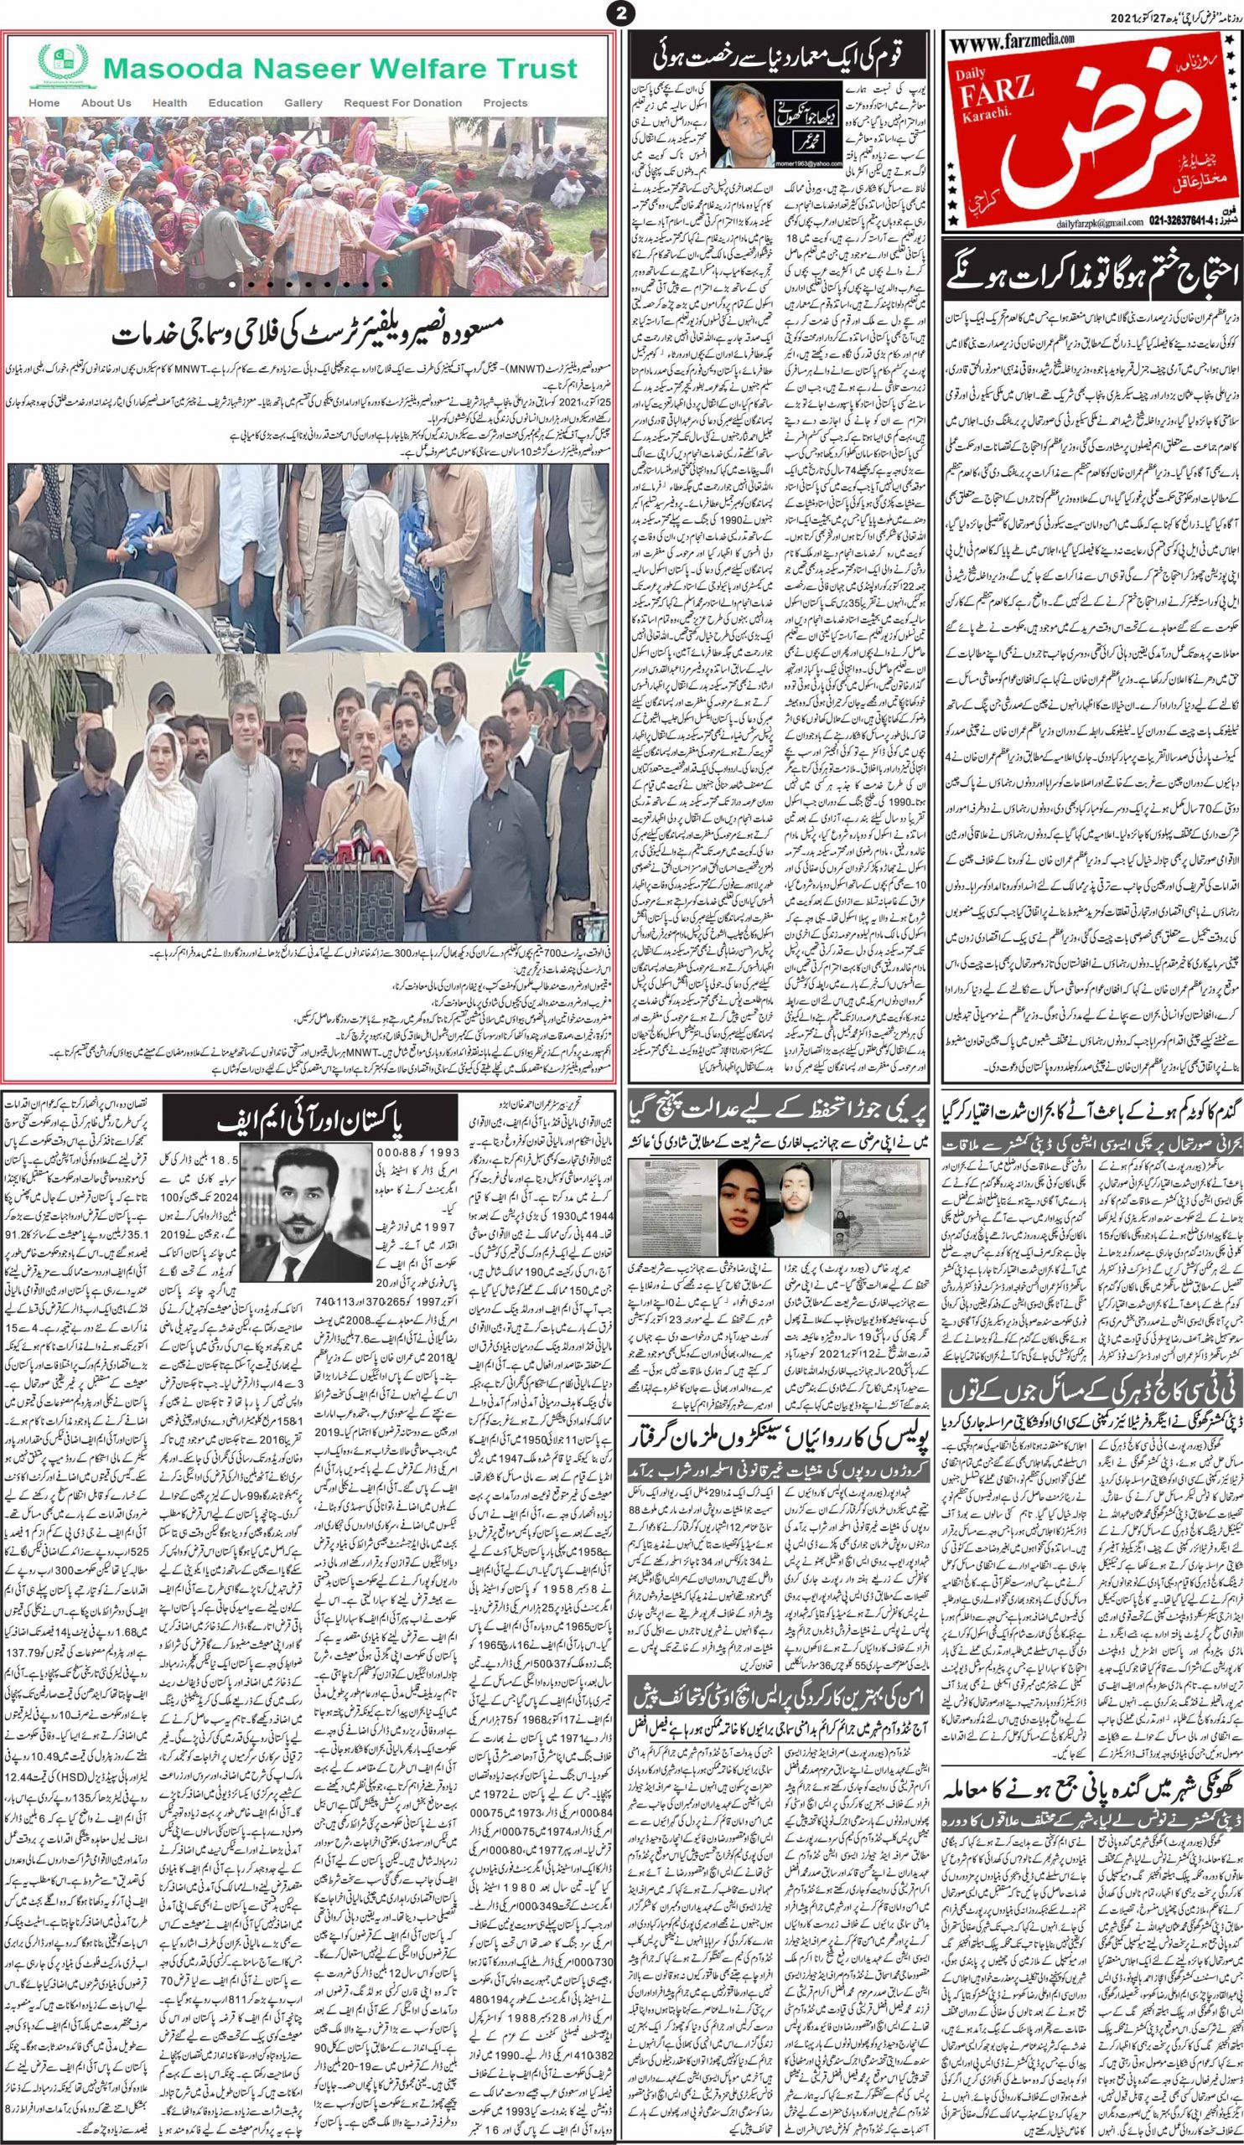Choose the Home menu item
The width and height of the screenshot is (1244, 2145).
44,103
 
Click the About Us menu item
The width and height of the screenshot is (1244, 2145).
106,103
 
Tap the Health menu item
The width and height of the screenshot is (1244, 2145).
169,103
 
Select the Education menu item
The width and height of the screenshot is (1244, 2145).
235,103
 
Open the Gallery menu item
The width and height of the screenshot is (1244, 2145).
303,103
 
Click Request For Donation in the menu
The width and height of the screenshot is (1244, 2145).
402,103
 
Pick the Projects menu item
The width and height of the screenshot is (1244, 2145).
505,103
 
